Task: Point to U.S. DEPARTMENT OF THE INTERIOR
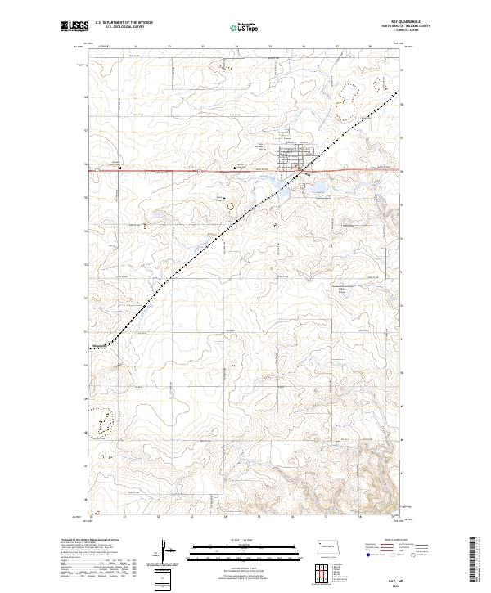[124, 23]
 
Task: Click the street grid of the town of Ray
[293, 157]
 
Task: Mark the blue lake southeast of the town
[314, 190]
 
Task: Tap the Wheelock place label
[100, 344]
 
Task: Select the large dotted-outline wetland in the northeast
[347, 102]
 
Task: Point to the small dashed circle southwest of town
[231, 205]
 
